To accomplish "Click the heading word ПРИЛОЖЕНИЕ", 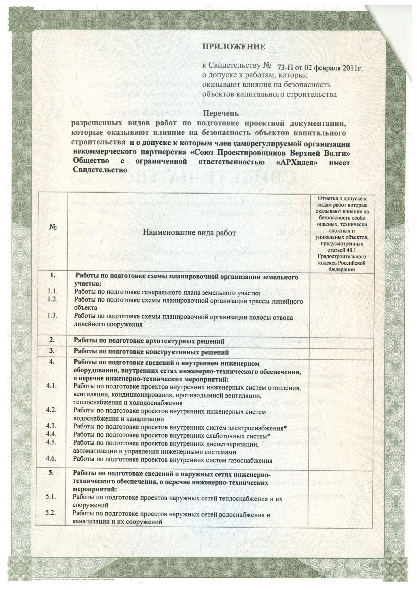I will coord(233,47).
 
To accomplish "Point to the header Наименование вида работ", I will coord(189,233).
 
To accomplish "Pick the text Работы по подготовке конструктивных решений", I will coord(152,352).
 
